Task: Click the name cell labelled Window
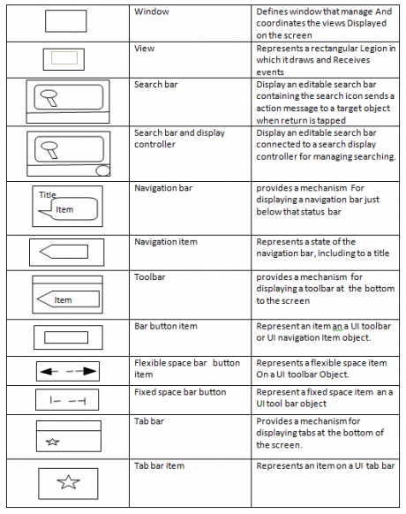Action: pos(152,11)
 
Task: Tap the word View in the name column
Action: pos(144,49)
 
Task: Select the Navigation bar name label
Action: pos(163,188)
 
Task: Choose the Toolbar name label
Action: pos(150,277)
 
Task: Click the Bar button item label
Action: pos(166,326)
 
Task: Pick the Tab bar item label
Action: pos(159,465)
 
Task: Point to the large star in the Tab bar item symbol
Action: pos(68,482)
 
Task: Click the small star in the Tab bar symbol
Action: pos(52,442)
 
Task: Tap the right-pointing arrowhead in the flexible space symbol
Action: pos(90,371)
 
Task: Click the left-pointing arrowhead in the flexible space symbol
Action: pos(46,372)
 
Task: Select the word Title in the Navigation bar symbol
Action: pos(48,195)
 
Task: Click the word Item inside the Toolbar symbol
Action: pos(63,300)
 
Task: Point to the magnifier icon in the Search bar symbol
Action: pos(49,98)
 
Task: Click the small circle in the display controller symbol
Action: pos(102,170)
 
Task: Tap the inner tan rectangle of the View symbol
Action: pos(64,57)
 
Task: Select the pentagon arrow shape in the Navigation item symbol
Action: pos(64,252)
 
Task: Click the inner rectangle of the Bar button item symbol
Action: pos(66,337)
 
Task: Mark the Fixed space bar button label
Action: pos(180,392)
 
